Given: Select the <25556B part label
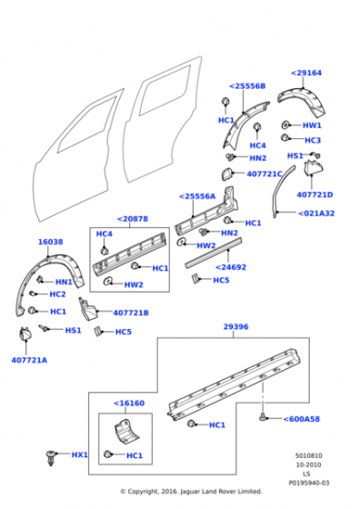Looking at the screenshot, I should point(247,86).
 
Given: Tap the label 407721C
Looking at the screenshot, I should point(266,173).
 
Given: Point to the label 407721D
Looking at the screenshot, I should point(315,195).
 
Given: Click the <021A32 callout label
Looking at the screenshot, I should point(316,214).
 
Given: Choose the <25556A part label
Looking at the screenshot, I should point(197,195).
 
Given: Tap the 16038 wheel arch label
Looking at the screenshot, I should point(50,243).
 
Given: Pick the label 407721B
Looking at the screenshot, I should point(130,314).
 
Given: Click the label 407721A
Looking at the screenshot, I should point(29,360).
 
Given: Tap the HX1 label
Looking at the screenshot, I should point(80,454).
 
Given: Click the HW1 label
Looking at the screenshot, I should point(312,125).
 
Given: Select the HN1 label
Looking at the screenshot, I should point(64,282).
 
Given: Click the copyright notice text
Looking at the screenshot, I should point(191,491).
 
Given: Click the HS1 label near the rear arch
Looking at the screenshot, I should point(295,155).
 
